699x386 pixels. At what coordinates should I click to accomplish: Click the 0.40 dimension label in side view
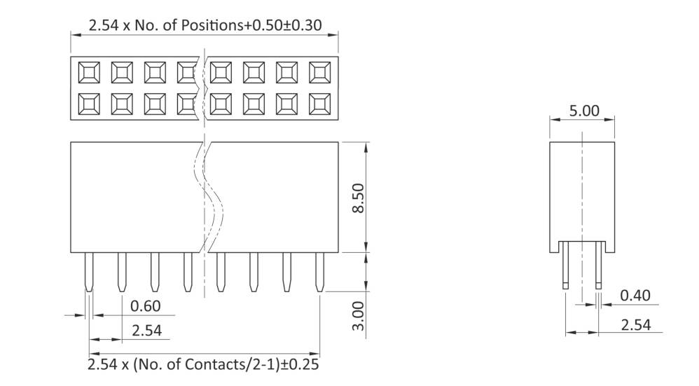click(x=635, y=296)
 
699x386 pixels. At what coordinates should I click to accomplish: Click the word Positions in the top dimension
click(x=210, y=25)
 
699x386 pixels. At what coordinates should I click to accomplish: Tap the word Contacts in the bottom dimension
click(x=204, y=365)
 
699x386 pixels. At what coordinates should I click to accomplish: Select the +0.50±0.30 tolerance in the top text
click(x=282, y=25)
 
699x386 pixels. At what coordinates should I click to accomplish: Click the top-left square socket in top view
click(x=89, y=71)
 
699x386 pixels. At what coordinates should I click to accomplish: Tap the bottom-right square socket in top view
click(x=319, y=104)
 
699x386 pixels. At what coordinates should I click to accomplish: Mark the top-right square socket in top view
click(x=319, y=71)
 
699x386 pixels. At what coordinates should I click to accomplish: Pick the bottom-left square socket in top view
click(x=89, y=104)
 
